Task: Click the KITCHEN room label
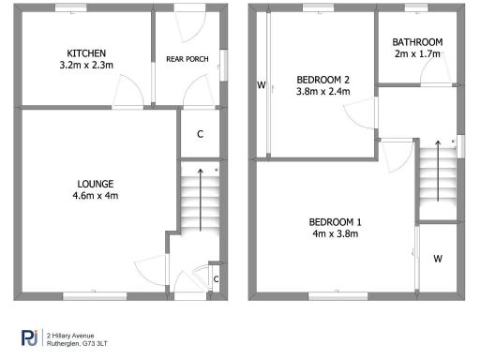click(x=85, y=52)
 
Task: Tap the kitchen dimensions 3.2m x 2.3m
click(x=85, y=66)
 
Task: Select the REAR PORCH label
click(x=187, y=60)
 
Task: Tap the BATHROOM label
click(x=417, y=42)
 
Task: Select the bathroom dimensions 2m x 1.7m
click(x=417, y=54)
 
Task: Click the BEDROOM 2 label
click(x=322, y=79)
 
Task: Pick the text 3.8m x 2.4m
click(x=322, y=92)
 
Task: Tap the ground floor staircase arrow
click(x=199, y=201)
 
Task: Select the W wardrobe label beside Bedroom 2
click(x=262, y=86)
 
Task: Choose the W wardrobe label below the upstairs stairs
click(x=437, y=258)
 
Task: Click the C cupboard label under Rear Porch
click(x=201, y=134)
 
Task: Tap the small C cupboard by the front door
click(x=216, y=278)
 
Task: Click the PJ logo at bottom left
click(x=30, y=337)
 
